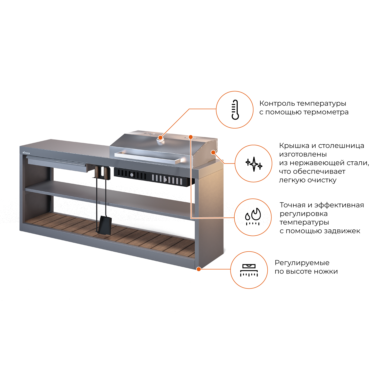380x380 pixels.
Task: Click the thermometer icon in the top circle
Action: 235,110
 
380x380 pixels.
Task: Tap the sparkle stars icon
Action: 254,164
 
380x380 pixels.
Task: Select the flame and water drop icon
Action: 253,217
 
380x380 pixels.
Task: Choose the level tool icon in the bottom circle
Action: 249,270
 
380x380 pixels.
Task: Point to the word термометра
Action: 326,112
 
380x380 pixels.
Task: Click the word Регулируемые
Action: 302,263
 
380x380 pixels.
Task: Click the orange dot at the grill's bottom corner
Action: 199,269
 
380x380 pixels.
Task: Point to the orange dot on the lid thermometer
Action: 161,137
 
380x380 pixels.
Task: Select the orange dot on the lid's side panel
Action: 213,152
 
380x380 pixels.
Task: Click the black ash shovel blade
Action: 105,225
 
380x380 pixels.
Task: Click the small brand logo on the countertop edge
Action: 26,152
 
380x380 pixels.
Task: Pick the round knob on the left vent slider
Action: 132,175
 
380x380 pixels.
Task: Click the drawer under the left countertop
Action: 57,164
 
